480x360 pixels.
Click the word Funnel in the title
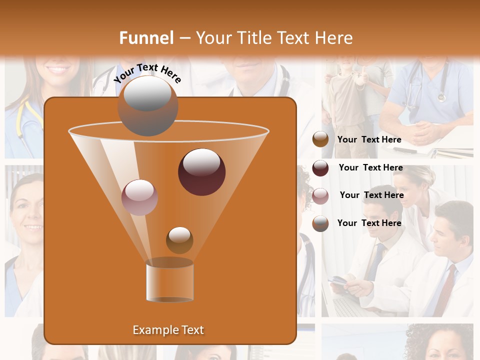[x=146, y=38]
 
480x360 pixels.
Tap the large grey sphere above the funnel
[x=148, y=106]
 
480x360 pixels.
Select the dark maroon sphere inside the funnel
[x=201, y=172]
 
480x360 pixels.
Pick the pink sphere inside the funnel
[x=139, y=197]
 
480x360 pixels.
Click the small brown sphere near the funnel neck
[x=179, y=240]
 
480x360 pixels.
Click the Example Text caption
[x=168, y=330]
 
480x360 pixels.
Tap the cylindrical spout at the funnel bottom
[x=170, y=281]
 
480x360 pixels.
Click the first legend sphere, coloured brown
[x=320, y=139]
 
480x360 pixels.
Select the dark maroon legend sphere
[x=320, y=168]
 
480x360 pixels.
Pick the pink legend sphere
[x=320, y=195]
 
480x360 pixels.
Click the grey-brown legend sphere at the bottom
[x=320, y=223]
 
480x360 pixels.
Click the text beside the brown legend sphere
[x=369, y=140]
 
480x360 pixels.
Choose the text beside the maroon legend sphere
[x=370, y=168]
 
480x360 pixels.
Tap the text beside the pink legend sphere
[x=371, y=195]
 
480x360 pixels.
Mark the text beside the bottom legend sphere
[x=369, y=223]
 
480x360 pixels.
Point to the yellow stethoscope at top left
[x=21, y=120]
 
